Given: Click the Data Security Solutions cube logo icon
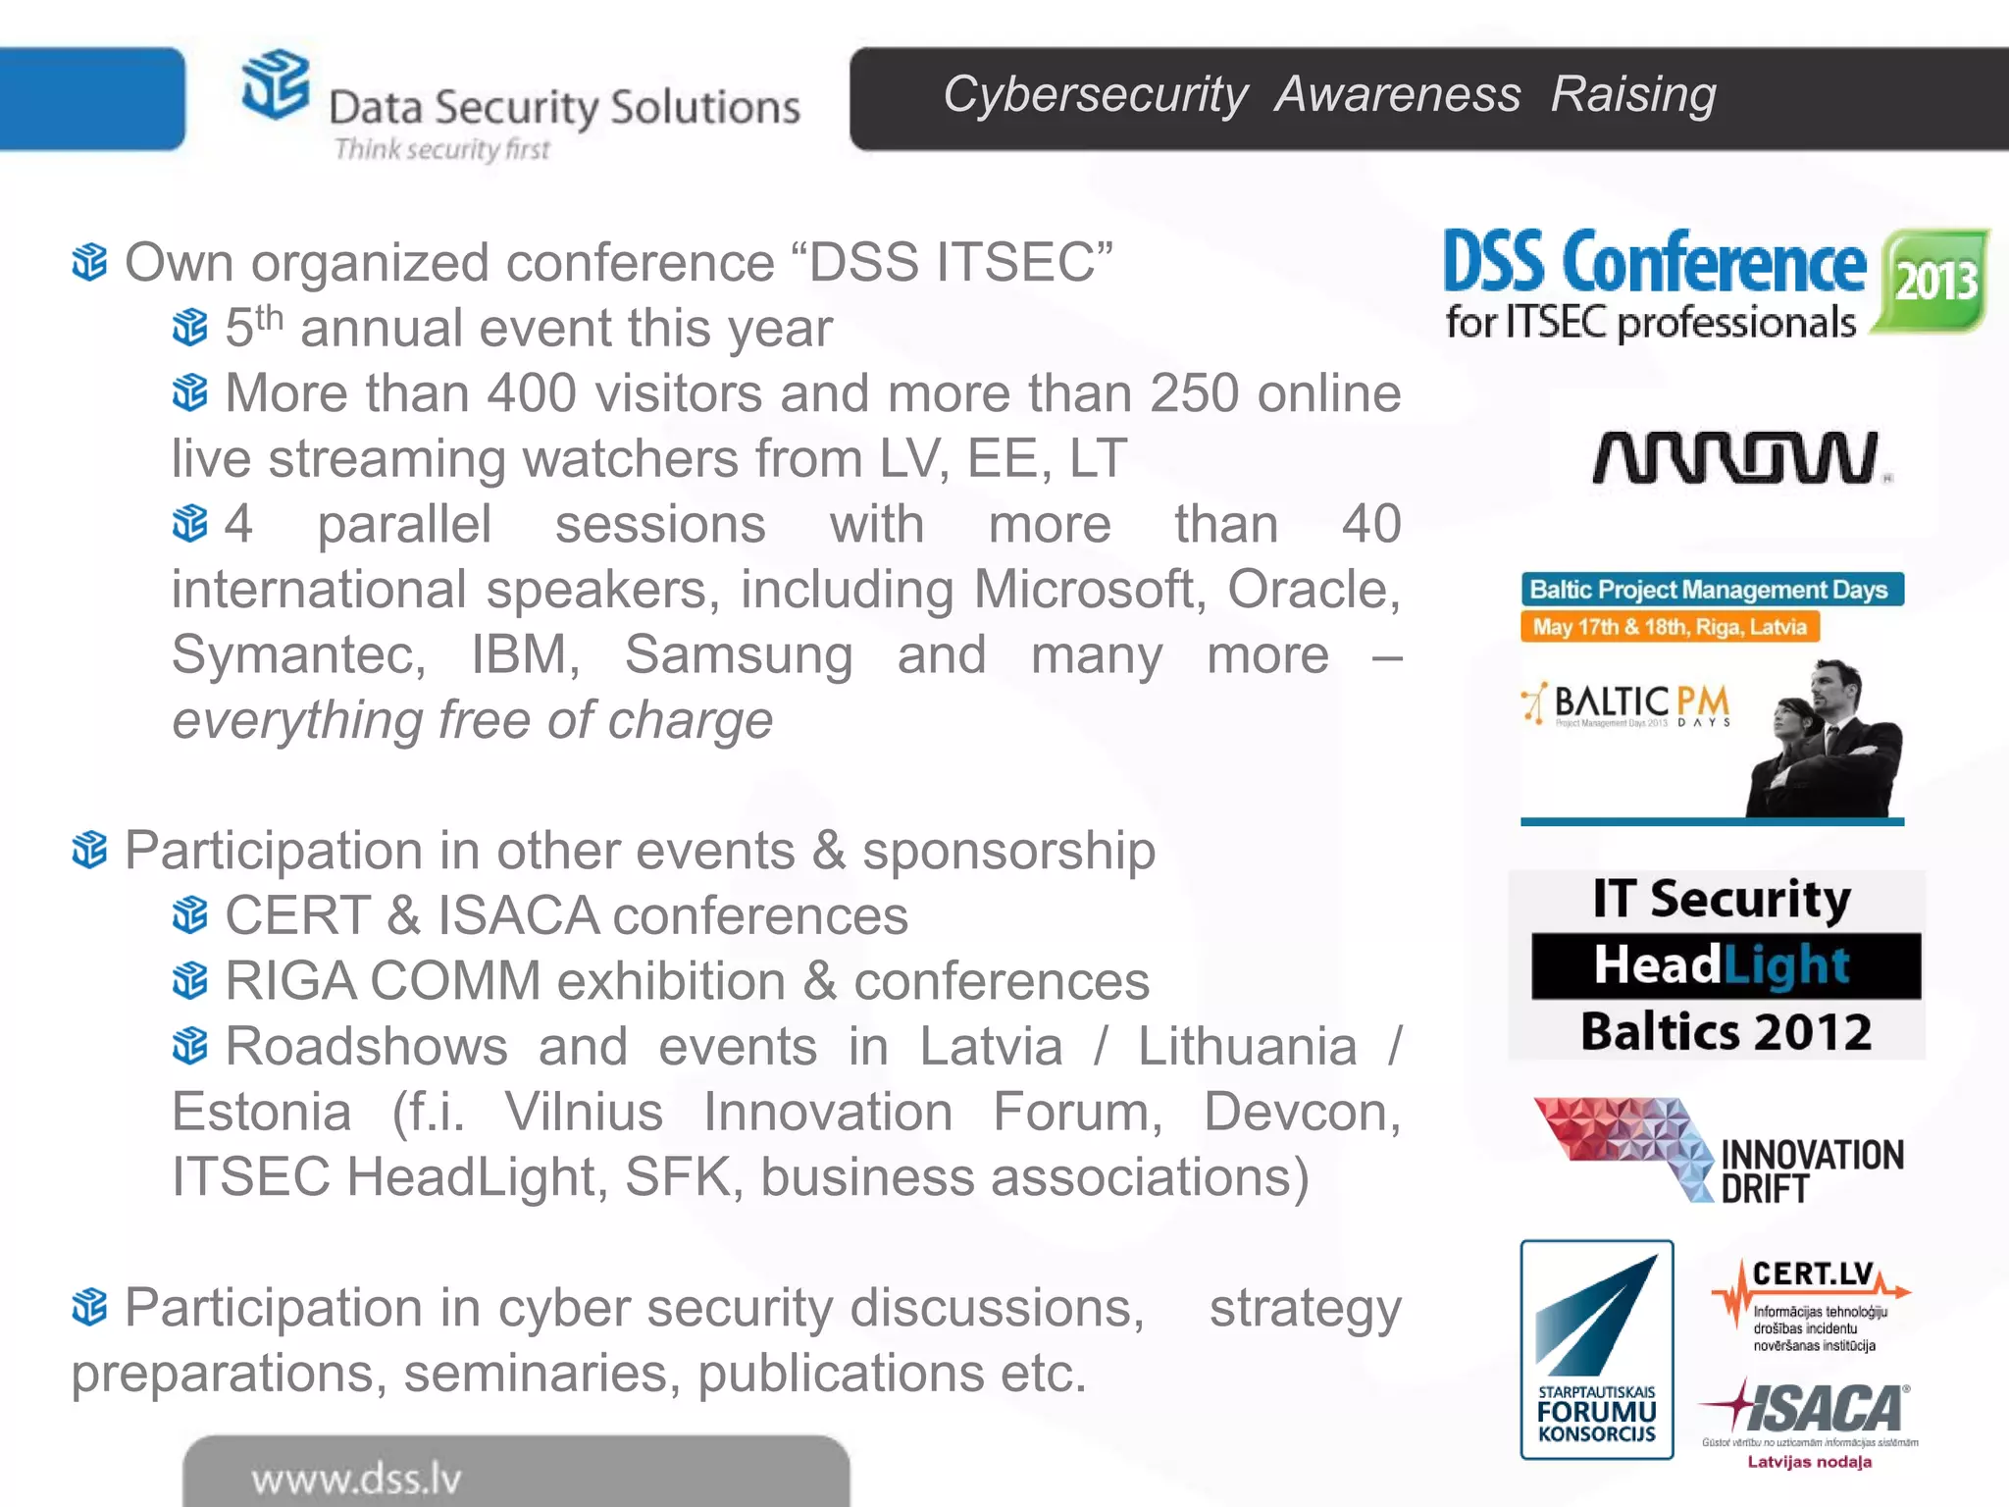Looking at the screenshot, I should [276, 84].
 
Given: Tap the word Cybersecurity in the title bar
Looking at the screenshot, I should [1095, 95].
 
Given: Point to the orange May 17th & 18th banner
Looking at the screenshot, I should [1670, 627].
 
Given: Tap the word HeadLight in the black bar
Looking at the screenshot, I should [1723, 965].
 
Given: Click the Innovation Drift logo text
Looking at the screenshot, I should [1812, 1170].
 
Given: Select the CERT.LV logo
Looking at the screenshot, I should [1811, 1304].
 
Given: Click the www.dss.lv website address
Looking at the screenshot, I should [356, 1479].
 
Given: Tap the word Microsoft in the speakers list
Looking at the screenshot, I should [1089, 591].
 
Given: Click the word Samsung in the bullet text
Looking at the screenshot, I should [739, 655].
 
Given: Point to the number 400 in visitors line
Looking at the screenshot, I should [532, 394].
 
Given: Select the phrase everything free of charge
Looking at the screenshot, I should [473, 721].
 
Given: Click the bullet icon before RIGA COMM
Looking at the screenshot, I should [190, 980].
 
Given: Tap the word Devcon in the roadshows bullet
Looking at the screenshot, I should [1302, 1113].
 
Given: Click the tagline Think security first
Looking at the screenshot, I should [441, 149].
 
